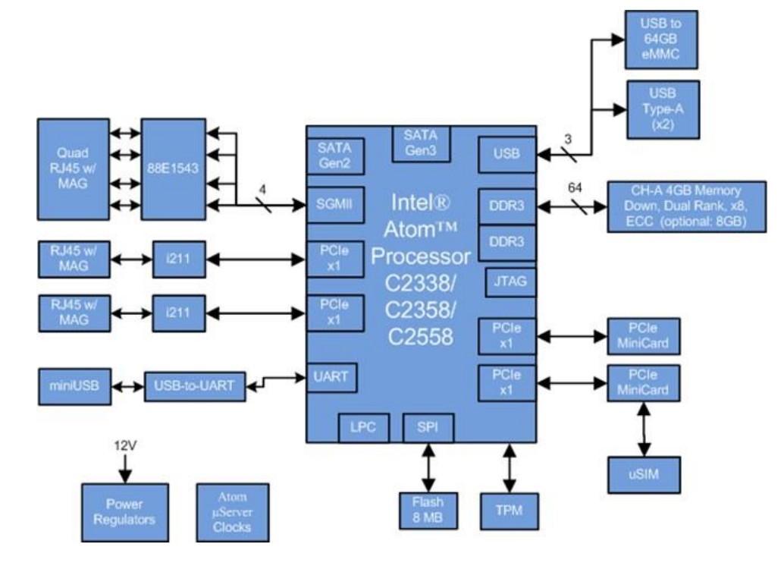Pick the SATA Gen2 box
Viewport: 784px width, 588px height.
click(334, 157)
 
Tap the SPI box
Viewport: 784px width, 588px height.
click(428, 427)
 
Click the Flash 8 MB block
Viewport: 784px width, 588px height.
click(428, 511)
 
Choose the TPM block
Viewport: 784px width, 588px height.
click(510, 511)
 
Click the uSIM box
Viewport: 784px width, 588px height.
click(644, 474)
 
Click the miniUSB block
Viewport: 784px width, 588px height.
click(73, 387)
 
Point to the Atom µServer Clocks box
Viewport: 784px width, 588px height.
click(232, 512)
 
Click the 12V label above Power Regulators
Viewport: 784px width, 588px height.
click(124, 447)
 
